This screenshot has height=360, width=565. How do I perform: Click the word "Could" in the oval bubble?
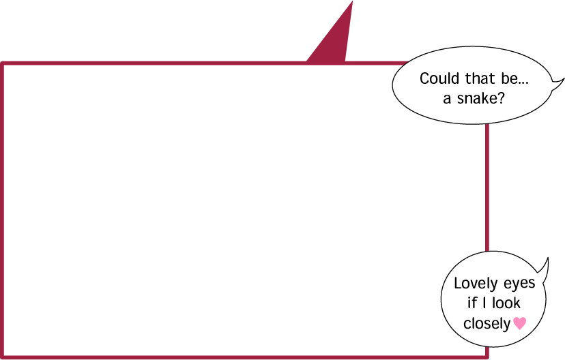pos(439,78)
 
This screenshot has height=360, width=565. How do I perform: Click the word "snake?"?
pos(480,98)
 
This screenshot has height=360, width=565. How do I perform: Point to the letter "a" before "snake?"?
pos(447,100)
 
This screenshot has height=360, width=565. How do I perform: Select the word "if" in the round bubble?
pos(472,303)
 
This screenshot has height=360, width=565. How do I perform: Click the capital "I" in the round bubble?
pos(484,303)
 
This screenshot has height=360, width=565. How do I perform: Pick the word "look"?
pos(506,303)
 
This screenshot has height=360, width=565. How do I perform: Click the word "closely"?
pos(487,324)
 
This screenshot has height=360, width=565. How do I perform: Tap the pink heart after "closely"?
pos(519,323)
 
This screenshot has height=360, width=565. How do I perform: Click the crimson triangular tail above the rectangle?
pos(332,40)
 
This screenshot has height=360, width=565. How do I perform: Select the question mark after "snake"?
pos(501,98)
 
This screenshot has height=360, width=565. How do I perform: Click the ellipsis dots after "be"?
pos(523,83)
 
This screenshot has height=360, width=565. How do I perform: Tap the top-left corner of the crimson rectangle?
pos(2,63)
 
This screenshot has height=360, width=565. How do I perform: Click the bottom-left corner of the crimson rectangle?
pos(2,357)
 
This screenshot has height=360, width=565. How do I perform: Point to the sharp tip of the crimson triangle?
pos(352,1)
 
